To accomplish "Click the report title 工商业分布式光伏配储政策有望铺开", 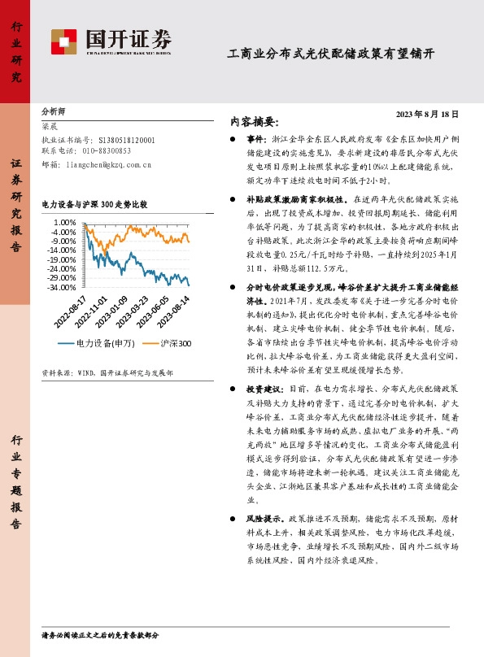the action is tap(330, 54).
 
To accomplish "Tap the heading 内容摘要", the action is tap(255, 122).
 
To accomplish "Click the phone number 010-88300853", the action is tap(107, 150).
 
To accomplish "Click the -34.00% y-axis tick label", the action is tap(63, 287).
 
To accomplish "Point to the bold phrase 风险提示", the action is tap(261, 517).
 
